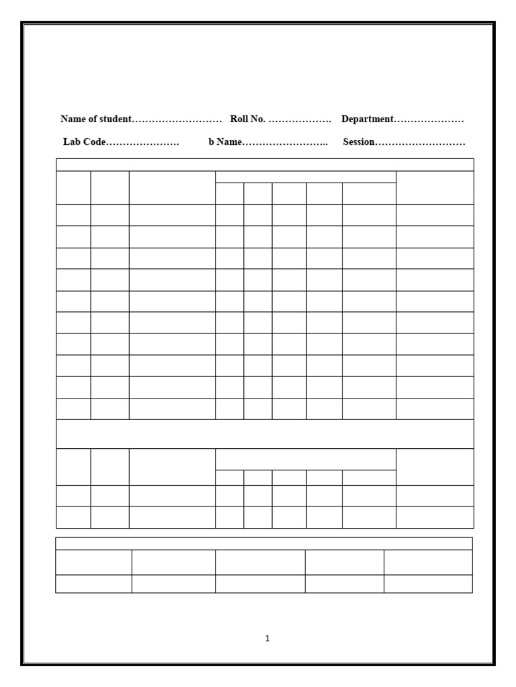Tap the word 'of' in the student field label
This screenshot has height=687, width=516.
tap(93, 119)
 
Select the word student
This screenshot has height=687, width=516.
tap(115, 119)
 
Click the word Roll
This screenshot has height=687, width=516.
tap(240, 119)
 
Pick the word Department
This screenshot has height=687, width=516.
tap(367, 119)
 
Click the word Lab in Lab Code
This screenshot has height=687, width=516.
tap(71, 142)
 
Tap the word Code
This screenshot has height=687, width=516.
tap(94, 142)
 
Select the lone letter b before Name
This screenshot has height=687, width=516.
tap(211, 142)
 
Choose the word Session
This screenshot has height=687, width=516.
tap(359, 142)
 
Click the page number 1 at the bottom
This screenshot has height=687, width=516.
tap(267, 639)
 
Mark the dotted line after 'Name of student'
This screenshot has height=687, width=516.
tap(177, 120)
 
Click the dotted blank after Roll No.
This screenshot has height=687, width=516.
tap(300, 120)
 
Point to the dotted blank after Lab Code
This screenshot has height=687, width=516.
tap(143, 143)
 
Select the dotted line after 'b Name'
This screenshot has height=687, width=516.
tap(286, 143)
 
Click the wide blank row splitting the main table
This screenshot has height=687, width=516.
tap(265, 434)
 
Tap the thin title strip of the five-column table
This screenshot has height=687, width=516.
tap(264, 543)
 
